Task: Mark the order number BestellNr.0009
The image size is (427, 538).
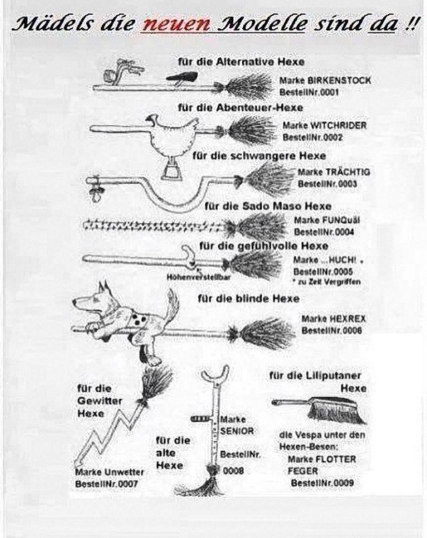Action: (x=322, y=483)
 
